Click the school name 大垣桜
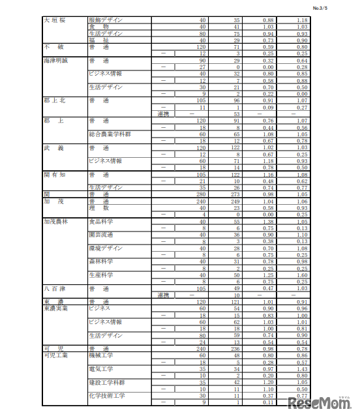(54, 20)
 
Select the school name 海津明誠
(58, 60)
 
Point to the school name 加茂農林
(58, 222)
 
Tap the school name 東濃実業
(58, 308)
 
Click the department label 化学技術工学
(106, 395)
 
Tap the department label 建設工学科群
(108, 382)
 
